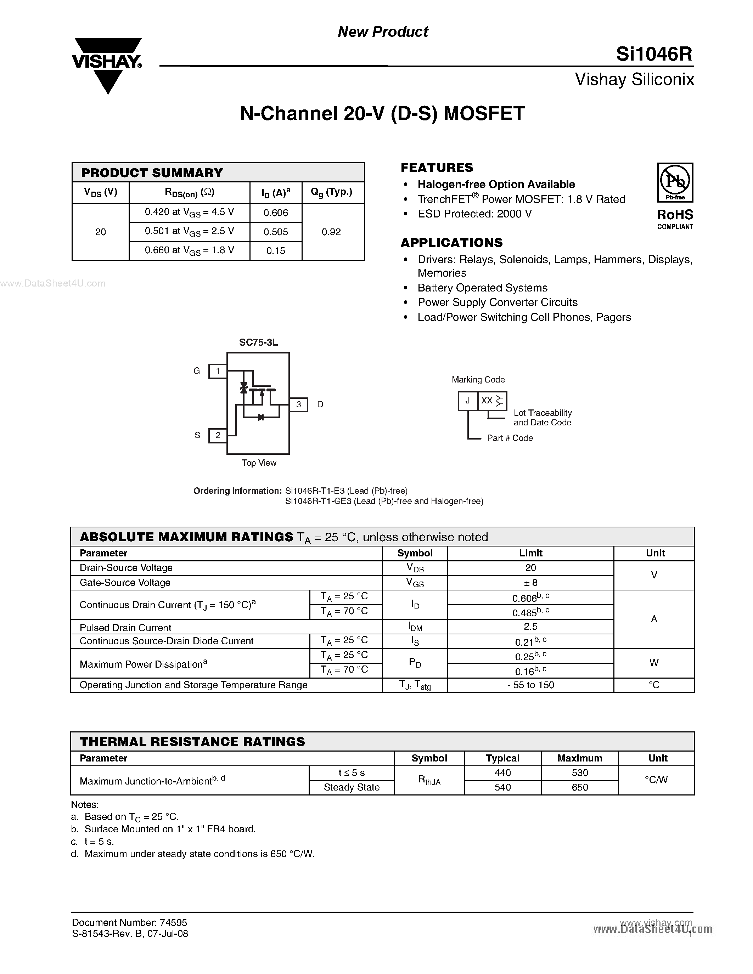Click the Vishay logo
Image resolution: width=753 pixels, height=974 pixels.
pos(107,65)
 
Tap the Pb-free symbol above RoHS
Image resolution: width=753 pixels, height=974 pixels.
pos(675,182)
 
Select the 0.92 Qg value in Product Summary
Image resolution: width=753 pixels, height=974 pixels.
pos(331,232)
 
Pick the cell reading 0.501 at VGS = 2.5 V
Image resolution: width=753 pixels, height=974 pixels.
pos(189,232)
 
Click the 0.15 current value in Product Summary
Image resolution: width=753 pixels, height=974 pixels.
pos(276,251)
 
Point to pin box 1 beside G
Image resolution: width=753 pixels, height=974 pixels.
pos(218,370)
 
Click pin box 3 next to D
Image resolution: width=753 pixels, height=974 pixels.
pos(298,404)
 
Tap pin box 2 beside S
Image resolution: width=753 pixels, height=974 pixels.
pos(218,435)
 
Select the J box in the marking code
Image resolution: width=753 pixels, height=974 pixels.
pos(467,401)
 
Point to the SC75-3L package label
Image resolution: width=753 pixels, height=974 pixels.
pos(258,342)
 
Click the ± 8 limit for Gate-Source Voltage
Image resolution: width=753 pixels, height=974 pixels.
pos(530,582)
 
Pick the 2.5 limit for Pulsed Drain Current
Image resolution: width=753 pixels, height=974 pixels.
pos(530,627)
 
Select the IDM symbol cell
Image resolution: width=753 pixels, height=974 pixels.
pos(415,627)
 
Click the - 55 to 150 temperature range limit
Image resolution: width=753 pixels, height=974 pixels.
pos(530,685)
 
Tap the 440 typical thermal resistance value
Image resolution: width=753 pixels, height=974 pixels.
pos(503,773)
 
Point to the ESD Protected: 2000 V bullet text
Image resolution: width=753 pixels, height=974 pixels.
pos(474,214)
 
